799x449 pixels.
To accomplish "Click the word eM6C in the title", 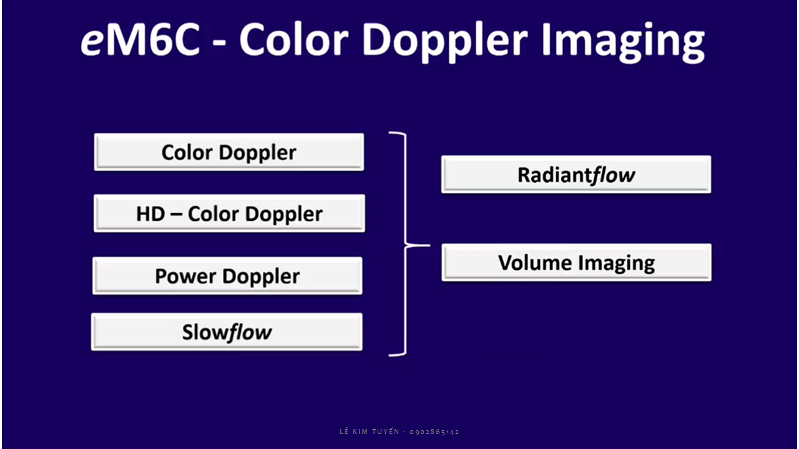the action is coord(140,39).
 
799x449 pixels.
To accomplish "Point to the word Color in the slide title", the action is coord(293,39).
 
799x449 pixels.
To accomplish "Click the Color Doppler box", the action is coord(229,152).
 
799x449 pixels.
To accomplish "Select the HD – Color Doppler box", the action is coord(229,213).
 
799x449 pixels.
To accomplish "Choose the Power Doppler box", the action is coord(228,276).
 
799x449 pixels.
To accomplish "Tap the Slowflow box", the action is coord(227,332).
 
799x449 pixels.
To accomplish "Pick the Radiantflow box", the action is coord(576,175).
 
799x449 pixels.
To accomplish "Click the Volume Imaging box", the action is coord(576,263).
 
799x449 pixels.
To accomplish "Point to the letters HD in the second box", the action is coord(150,214).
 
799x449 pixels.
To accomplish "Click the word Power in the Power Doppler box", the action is coord(185,276).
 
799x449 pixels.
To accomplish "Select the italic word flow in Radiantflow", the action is coord(612,175).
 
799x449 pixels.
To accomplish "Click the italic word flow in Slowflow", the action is coord(250,332).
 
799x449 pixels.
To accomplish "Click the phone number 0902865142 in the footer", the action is coord(434,432).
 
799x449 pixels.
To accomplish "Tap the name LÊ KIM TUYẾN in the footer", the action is coord(370,432).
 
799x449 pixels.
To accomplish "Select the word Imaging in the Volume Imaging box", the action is coord(617,264).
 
